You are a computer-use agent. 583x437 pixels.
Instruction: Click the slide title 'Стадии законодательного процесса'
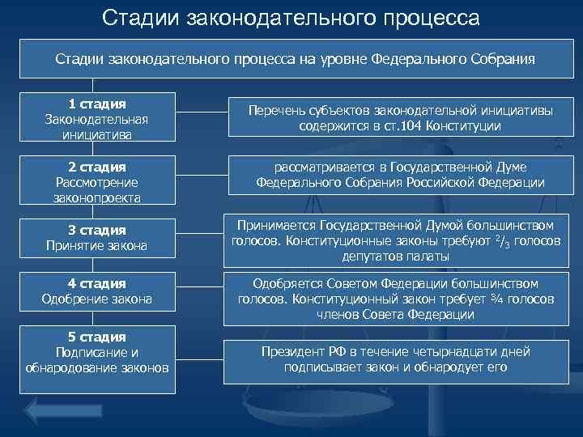pyautogui.click(x=291, y=17)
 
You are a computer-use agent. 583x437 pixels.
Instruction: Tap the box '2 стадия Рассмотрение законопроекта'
pyautogui.click(x=97, y=181)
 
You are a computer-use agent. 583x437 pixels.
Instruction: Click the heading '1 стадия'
pyautogui.click(x=97, y=104)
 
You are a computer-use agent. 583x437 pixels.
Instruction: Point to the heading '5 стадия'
pyautogui.click(x=97, y=337)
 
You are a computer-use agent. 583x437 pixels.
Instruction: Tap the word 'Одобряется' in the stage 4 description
pyautogui.click(x=289, y=284)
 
